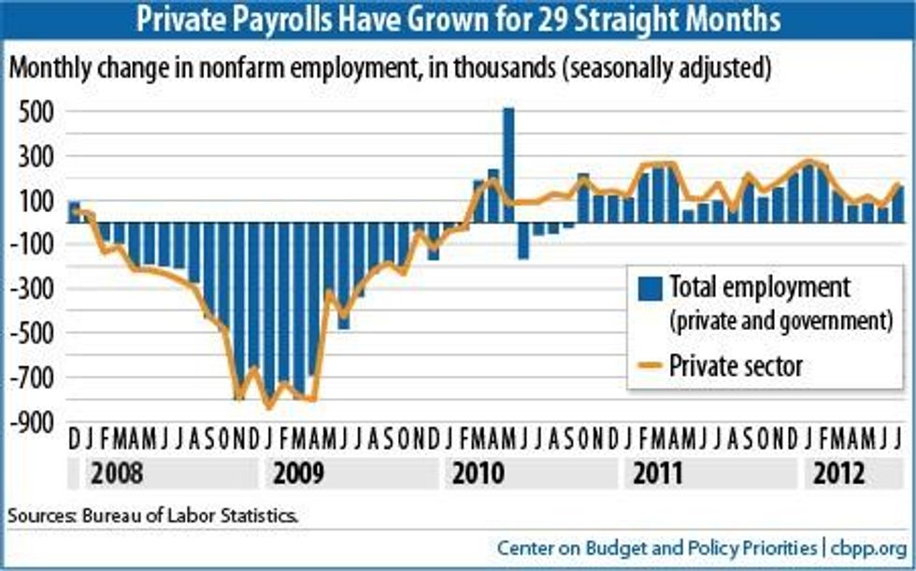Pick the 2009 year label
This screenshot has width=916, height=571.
[298, 473]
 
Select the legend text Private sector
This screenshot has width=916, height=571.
[737, 365]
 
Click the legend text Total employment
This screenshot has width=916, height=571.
[760, 287]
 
